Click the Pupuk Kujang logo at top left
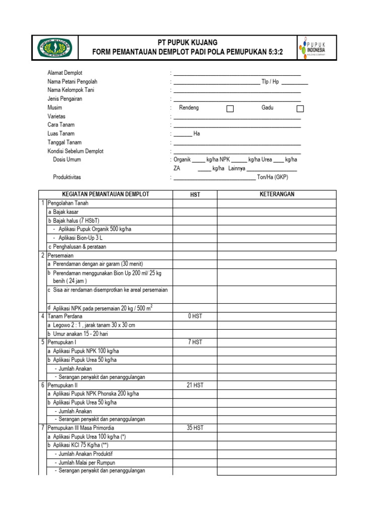coord(55,48)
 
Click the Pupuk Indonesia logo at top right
coord(317,48)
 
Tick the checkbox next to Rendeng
coord(230,108)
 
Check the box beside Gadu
coord(300,108)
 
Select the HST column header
coord(195,195)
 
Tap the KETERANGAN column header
coord(276,194)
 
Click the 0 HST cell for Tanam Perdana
coord(195,316)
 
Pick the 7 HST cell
coord(195,342)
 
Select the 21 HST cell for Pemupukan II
coord(195,385)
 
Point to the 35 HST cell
coord(195,428)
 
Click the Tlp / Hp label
coord(270,81)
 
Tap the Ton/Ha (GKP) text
coord(272,177)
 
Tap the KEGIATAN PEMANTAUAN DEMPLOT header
coord(105,194)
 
